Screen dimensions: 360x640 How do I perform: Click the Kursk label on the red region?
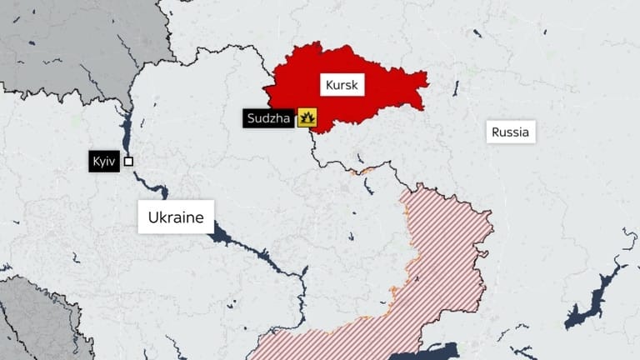tap(341, 85)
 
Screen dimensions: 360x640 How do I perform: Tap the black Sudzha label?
tap(269, 118)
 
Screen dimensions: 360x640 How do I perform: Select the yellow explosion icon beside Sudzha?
tap(307, 118)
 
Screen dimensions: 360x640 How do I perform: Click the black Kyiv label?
tap(103, 161)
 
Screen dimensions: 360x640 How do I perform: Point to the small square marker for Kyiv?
tap(128, 161)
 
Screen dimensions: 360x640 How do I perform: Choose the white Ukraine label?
tap(176, 217)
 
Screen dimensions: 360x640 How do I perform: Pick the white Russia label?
tap(510, 132)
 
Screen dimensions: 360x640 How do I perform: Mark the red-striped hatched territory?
tap(433, 267)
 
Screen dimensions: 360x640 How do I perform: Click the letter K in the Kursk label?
tap(327, 85)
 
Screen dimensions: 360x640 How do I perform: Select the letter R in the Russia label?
tap(496, 132)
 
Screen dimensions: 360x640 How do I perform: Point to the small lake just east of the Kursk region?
tap(456, 85)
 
